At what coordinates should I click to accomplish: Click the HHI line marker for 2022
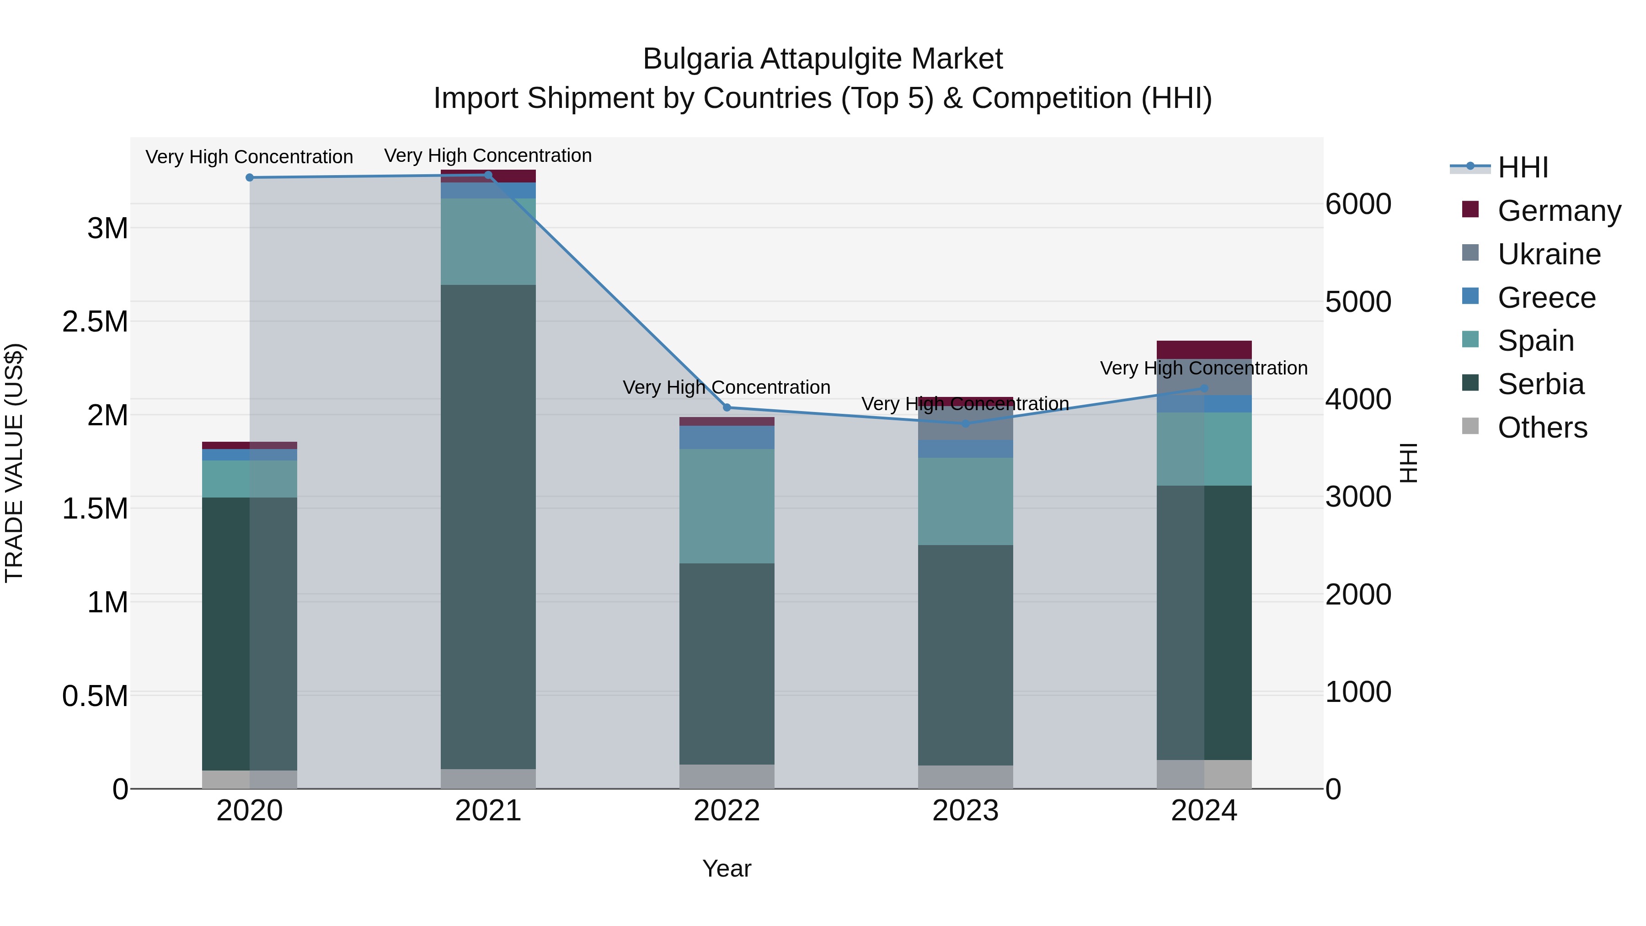pos(727,408)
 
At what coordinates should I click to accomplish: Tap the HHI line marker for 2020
pos(250,178)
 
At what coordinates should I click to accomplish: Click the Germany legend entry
pos(1559,211)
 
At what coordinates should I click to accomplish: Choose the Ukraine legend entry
pos(1549,254)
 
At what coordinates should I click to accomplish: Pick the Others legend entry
pos(1542,428)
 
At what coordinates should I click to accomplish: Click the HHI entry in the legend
pos(1522,167)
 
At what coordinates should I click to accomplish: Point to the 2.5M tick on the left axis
pos(95,321)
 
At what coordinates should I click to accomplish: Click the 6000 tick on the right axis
pos(1358,204)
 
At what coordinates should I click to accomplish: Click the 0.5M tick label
pos(95,696)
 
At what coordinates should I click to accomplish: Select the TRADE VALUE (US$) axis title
pos(14,463)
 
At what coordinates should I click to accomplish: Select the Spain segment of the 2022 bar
pos(727,506)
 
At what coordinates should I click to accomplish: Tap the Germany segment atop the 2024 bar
pos(1204,349)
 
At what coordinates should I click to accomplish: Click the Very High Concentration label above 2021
pos(488,156)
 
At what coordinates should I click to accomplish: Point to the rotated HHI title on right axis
pos(1408,463)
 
